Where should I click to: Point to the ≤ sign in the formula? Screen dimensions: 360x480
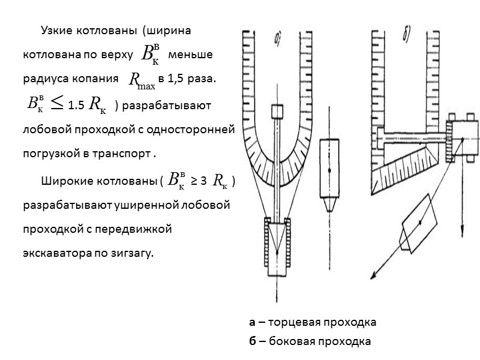[57, 105]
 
